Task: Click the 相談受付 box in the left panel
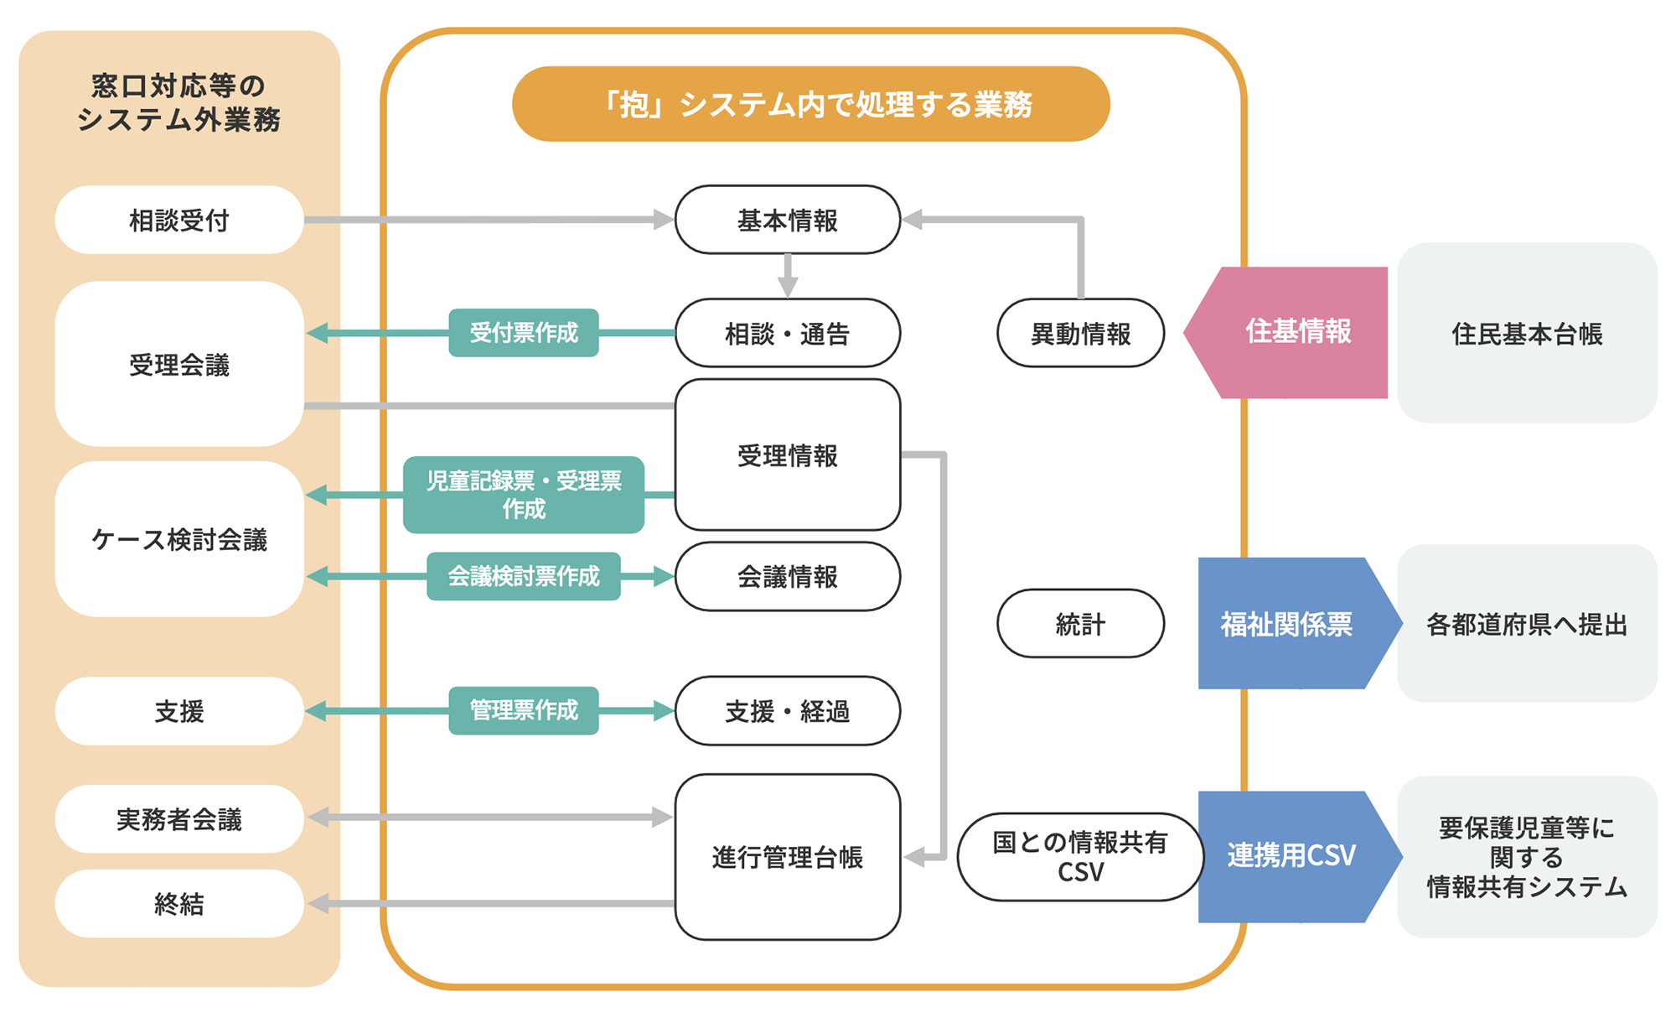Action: (x=178, y=220)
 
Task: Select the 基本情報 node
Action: (x=787, y=220)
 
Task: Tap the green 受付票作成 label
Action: (x=523, y=333)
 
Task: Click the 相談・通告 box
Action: (x=787, y=333)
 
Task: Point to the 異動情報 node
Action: (x=1080, y=333)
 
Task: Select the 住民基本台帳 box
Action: (x=1526, y=333)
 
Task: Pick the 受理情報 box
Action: (x=787, y=454)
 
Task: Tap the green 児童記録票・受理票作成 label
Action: (x=523, y=495)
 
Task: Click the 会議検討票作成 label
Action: (x=523, y=576)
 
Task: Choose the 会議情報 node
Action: (x=787, y=576)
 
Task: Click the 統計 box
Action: (x=1080, y=623)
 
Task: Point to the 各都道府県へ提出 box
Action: (x=1526, y=623)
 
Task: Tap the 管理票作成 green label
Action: (x=523, y=710)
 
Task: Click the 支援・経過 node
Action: (x=787, y=710)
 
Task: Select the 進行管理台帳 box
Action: (x=787, y=856)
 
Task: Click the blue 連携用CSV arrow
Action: (x=1291, y=856)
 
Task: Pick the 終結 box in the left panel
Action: (x=178, y=903)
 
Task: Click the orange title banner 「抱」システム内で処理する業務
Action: (x=810, y=104)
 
